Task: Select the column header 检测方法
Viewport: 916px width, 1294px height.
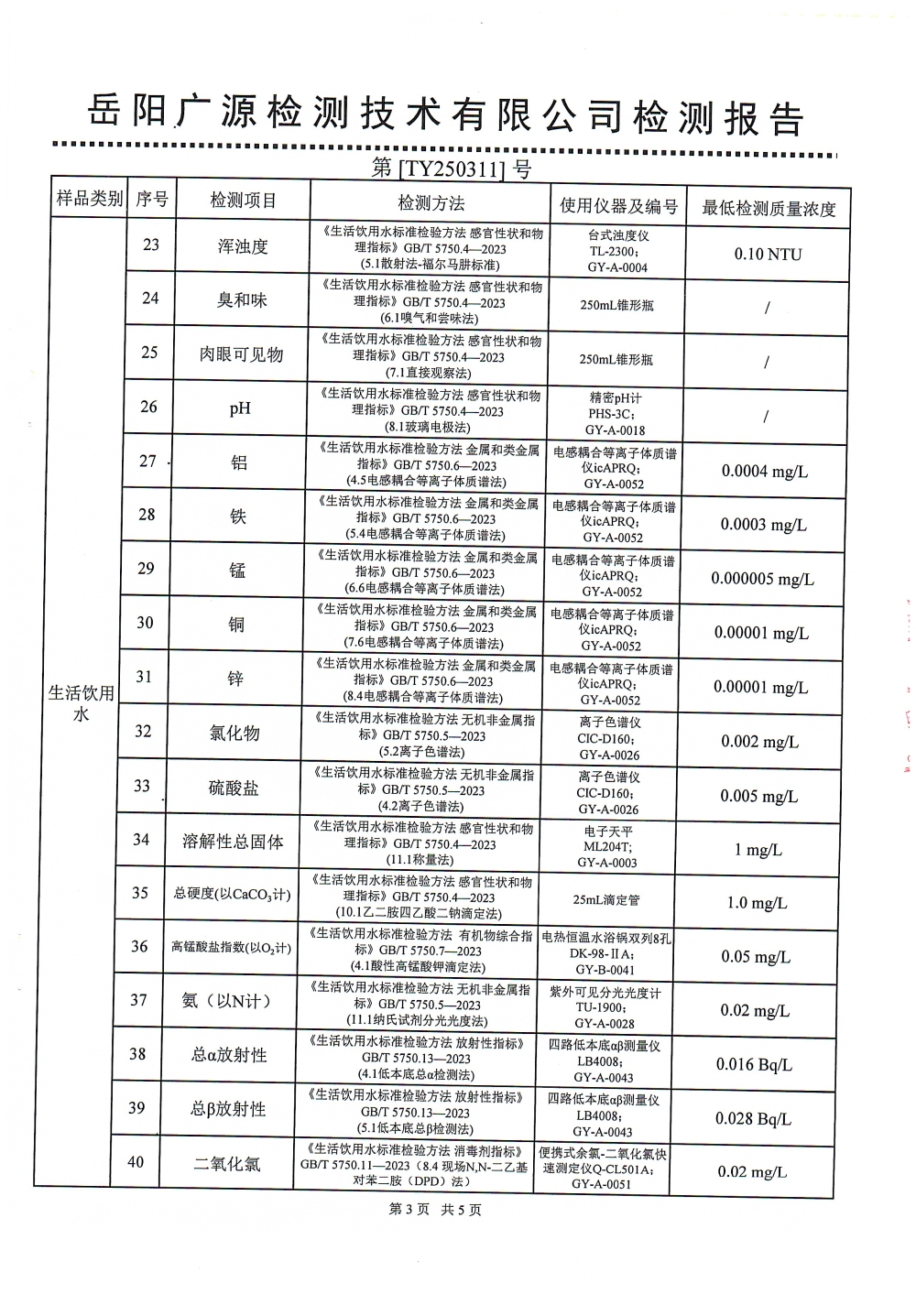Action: point(430,202)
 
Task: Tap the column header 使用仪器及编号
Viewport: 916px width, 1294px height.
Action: point(618,205)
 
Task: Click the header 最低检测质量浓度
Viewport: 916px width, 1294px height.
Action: point(768,208)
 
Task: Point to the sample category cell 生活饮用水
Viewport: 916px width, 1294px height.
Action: point(82,703)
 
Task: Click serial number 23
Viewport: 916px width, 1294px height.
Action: point(151,244)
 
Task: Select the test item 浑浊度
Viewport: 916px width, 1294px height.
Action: point(243,246)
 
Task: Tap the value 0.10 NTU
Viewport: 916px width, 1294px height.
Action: point(767,254)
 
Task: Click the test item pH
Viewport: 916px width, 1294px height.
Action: point(240,408)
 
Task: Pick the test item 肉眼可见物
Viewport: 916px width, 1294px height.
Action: point(242,354)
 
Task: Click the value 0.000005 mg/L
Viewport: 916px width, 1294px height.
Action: point(762,579)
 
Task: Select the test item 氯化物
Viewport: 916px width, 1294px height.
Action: point(234,733)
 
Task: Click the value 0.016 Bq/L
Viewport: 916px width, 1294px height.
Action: point(754,1064)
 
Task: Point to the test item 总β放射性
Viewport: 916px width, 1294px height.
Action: point(228,1109)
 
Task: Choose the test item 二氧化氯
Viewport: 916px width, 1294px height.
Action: point(226,1163)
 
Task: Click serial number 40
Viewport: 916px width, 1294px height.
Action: point(136,1161)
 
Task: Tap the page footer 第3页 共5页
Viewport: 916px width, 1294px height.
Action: point(435,1210)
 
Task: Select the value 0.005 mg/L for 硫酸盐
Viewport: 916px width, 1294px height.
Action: point(758,796)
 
